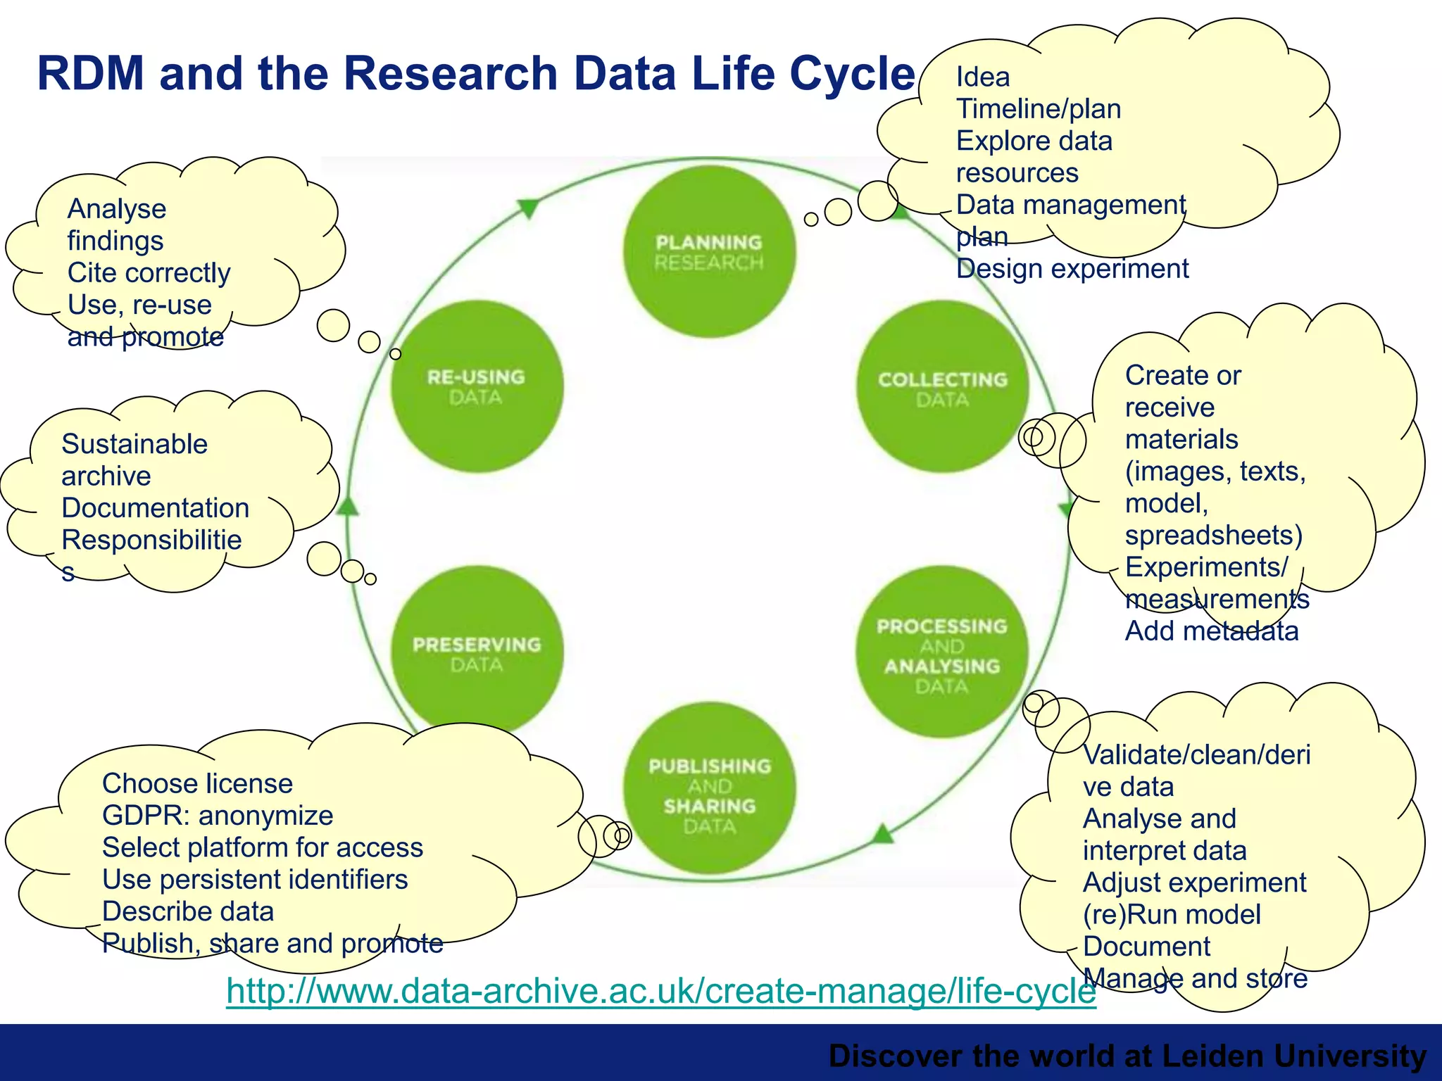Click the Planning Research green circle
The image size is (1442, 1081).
(x=709, y=252)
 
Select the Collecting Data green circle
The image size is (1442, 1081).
(x=943, y=388)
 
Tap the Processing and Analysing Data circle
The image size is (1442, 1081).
(x=942, y=654)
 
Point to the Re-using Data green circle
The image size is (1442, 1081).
(x=477, y=386)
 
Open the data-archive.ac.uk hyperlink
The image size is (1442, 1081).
(x=660, y=990)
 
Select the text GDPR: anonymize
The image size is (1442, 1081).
(x=218, y=816)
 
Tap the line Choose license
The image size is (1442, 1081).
(x=197, y=783)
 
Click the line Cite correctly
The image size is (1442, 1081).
(x=149, y=272)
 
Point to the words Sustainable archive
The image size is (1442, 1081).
(x=134, y=459)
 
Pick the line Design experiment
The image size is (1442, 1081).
(x=1072, y=269)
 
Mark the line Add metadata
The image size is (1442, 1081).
(x=1211, y=631)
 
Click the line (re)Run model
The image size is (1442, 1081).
(x=1172, y=914)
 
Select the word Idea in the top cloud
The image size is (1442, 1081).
(x=982, y=77)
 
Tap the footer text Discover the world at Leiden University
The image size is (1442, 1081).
(x=1127, y=1056)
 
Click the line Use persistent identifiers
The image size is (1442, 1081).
(x=255, y=880)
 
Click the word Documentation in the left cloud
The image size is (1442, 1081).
(x=155, y=508)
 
